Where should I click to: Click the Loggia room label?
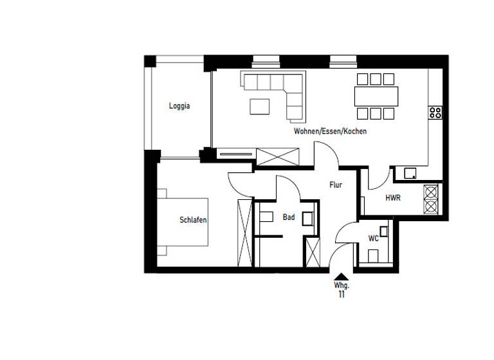tap(179, 106)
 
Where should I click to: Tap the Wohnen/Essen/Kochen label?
tap(330, 131)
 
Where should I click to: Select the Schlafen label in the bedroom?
tap(193, 220)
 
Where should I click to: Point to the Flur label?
tap(335, 185)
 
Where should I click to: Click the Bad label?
tap(289, 217)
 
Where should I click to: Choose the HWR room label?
tap(392, 198)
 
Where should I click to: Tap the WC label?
tap(373, 239)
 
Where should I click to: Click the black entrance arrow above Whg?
tap(341, 276)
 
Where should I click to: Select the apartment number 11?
tap(341, 294)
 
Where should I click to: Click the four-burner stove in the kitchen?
tap(435, 113)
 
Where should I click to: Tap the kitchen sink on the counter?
tap(410, 172)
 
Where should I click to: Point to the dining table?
tap(376, 96)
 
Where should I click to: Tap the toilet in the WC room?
tap(373, 256)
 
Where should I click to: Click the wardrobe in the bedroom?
tap(244, 232)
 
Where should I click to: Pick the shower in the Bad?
tap(313, 251)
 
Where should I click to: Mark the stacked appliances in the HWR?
tap(430, 200)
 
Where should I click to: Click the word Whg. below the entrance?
tap(341, 285)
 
